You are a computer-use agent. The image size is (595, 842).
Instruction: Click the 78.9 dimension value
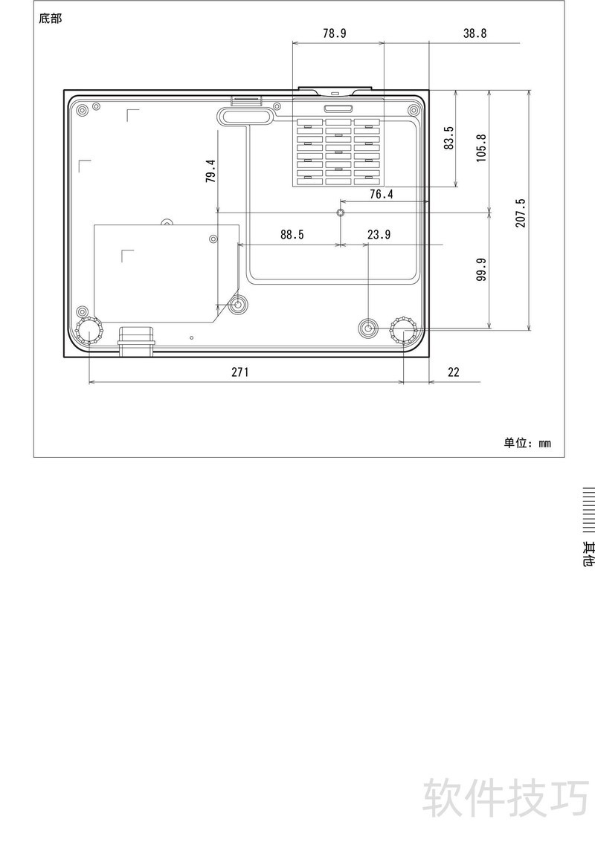coord(335,33)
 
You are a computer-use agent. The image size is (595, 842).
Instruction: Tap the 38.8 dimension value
coord(475,33)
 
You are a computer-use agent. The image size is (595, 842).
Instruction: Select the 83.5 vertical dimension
coord(448,137)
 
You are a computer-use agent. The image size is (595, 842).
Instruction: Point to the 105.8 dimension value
coord(480,148)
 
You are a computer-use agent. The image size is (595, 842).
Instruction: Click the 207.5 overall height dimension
coord(521,213)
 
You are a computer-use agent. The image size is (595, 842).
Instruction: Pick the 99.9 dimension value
coord(480,269)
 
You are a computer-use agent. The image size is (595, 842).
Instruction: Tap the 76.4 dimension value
coord(381,195)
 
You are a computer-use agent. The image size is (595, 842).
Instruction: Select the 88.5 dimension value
coord(292,235)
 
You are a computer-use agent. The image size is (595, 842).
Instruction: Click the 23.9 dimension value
coord(379,235)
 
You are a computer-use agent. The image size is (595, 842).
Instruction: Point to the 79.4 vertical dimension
coord(210,171)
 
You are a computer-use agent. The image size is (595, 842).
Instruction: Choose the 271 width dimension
coord(239,372)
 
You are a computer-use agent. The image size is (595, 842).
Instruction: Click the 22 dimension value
coord(454,372)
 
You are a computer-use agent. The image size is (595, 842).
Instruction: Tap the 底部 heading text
coord(51,19)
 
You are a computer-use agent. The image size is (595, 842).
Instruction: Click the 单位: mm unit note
coord(527,443)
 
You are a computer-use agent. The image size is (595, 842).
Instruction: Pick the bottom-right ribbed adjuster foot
coord(404,331)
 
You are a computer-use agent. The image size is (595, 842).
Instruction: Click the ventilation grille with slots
coord(338,152)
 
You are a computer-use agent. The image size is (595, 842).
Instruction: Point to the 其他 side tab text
coord(589,554)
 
